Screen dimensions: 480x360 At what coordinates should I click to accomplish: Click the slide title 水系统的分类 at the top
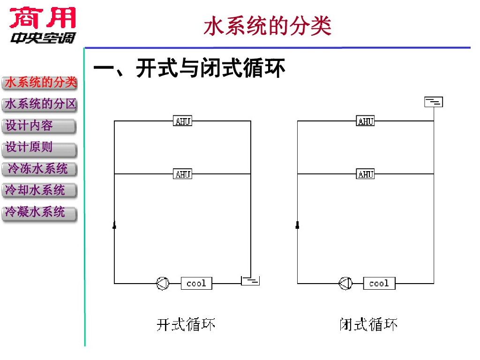[268, 27]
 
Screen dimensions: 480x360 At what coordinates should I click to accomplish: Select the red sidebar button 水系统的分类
[40, 83]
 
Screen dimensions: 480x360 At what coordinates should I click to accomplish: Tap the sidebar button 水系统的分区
[40, 105]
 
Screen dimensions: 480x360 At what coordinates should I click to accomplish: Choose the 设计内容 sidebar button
[39, 126]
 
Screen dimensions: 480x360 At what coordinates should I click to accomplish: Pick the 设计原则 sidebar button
[39, 148]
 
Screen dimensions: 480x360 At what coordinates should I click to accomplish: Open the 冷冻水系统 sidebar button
[39, 169]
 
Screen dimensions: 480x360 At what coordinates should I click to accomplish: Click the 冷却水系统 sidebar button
[39, 191]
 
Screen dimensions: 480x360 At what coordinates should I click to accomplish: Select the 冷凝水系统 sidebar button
[39, 213]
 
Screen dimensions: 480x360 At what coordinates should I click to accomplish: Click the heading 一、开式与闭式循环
[189, 69]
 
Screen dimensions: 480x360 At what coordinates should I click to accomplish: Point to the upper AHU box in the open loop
[183, 121]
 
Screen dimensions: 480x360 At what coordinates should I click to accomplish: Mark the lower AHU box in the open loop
[183, 174]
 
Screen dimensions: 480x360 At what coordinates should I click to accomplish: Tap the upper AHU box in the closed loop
[366, 121]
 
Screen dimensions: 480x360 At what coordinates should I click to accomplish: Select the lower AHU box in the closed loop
[366, 174]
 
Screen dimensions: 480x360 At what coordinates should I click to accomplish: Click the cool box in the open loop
[196, 283]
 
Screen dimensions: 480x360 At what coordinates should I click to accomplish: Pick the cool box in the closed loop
[379, 283]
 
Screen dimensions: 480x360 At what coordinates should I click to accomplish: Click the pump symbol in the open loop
[163, 283]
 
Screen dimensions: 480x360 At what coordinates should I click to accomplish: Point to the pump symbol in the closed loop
[345, 283]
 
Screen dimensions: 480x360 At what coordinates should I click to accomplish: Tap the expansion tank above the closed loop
[434, 102]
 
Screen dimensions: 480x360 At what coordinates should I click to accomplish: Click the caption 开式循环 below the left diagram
[186, 324]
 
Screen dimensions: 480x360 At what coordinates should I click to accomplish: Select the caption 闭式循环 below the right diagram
[369, 324]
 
